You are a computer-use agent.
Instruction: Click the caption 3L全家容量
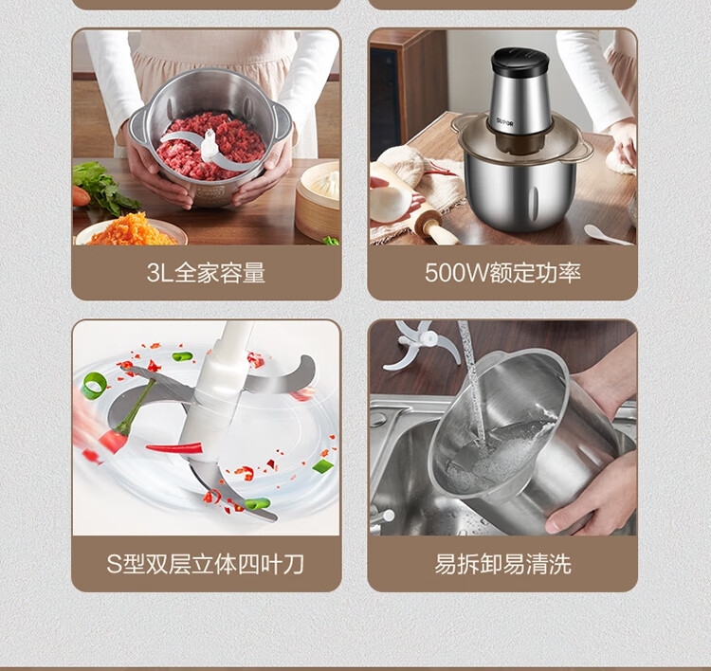point(206,273)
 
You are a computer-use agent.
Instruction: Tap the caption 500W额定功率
point(502,273)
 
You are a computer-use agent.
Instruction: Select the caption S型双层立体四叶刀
point(205,564)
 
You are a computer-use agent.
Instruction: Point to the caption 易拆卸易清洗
point(502,564)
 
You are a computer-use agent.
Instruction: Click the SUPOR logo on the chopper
point(504,122)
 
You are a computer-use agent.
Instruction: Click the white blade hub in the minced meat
point(210,145)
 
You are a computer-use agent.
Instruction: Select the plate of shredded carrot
point(131,231)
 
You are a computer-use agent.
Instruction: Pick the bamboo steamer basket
point(318,202)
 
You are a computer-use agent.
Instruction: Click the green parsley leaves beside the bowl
point(104,187)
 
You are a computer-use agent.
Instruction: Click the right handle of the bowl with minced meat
point(283,120)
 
